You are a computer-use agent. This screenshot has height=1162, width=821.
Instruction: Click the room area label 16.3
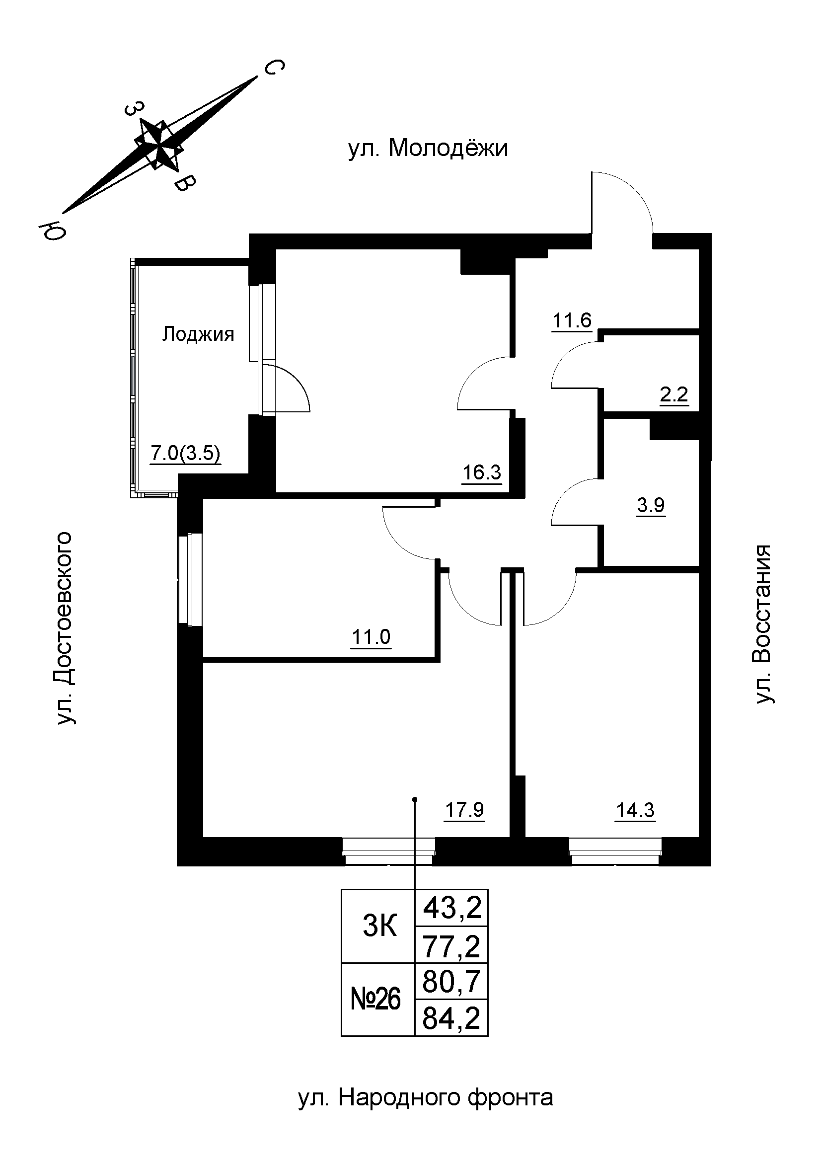[482, 472]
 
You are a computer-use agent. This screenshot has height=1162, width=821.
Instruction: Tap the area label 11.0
[371, 637]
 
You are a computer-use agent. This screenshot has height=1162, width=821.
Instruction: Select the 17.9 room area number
[464, 810]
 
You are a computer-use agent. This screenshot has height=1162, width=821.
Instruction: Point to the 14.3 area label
[635, 810]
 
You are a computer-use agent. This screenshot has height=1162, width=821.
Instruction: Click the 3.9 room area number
[651, 505]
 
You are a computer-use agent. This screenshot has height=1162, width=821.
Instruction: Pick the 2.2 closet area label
[674, 394]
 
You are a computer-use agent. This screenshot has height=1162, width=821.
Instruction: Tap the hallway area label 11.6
[572, 320]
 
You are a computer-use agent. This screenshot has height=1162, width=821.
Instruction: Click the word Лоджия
[198, 334]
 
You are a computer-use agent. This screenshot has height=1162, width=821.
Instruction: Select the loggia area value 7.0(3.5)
[185, 453]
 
